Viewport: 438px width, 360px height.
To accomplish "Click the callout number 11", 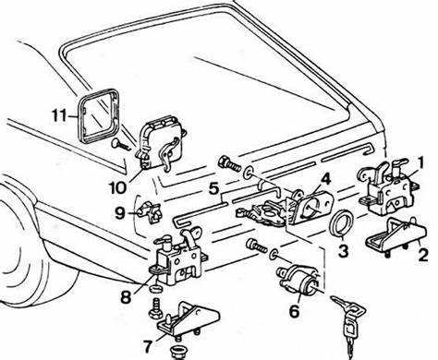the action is [59, 115].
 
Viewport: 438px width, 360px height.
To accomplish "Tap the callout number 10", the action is [117, 186].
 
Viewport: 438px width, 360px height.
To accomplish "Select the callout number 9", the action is [120, 213].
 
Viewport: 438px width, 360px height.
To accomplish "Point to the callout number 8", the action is [126, 296].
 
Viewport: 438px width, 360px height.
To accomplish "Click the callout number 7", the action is [148, 346].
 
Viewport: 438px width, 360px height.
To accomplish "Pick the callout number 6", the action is [294, 311].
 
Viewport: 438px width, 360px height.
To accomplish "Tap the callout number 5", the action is [213, 188].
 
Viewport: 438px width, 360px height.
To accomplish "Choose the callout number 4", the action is [325, 179].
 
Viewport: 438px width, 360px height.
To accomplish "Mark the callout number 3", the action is [344, 250].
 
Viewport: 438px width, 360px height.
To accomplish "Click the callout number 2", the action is [423, 255].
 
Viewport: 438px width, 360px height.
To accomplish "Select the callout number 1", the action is [420, 162].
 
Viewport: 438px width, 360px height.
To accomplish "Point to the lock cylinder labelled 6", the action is [298, 279].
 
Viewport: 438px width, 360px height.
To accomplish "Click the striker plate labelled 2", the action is [395, 235].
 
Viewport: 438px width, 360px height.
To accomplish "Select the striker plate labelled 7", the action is [188, 320].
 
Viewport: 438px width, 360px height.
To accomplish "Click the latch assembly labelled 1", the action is [389, 188].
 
